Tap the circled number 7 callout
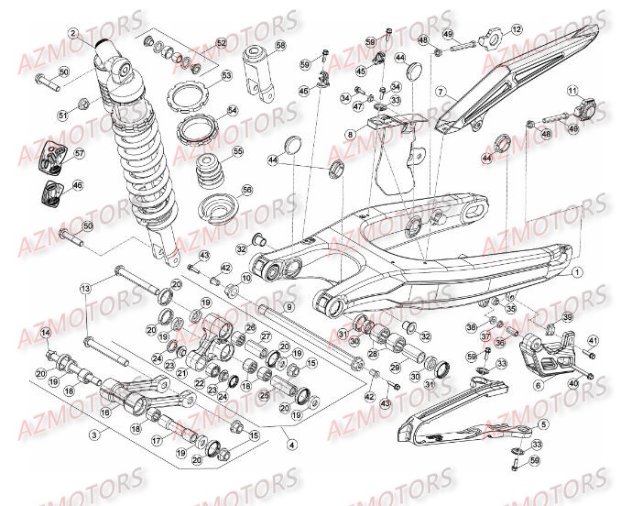pyautogui.click(x=440, y=92)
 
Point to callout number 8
pyautogui.click(x=350, y=134)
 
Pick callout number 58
pyautogui.click(x=279, y=45)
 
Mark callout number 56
pyautogui.click(x=246, y=190)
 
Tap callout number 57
pyautogui.click(x=79, y=153)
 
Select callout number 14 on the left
pyautogui.click(x=45, y=332)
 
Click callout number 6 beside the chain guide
pyautogui.click(x=538, y=385)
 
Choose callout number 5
pyautogui.click(x=543, y=424)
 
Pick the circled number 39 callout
pyautogui.click(x=567, y=317)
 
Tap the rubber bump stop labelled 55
pyautogui.click(x=212, y=169)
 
